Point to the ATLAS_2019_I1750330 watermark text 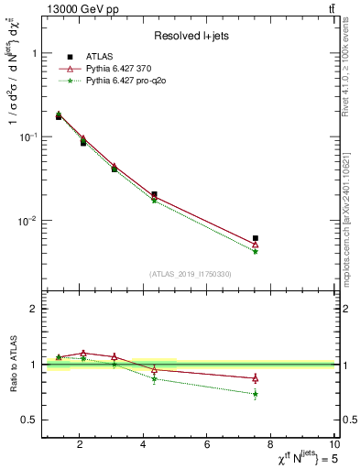point(191,274)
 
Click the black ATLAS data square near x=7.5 point(256,238)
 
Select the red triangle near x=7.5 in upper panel point(256,245)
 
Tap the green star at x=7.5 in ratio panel point(256,394)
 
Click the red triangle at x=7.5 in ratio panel point(256,378)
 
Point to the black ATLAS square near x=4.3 point(154,194)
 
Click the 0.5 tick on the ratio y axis point(31,420)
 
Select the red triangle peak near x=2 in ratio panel point(83,353)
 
